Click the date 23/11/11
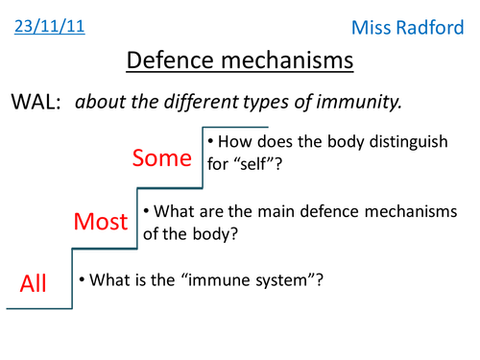point(50,26)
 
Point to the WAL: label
point(36,102)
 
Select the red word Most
point(101,223)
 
